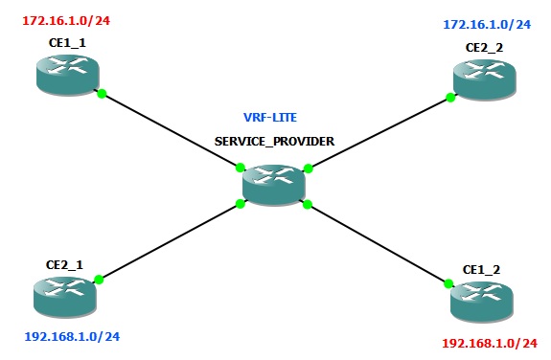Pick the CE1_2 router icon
tap(481, 300)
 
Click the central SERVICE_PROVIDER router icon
tap(274, 183)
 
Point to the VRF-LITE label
tap(270, 118)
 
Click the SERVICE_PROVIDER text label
tap(274, 140)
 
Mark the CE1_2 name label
tap(481, 270)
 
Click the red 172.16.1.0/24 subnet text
tap(60, 17)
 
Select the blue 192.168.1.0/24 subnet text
tap(72, 336)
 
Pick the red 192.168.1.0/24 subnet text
tap(488, 342)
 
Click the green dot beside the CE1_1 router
tap(102, 93)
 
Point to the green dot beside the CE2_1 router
tap(99, 279)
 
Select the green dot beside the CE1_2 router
tap(448, 281)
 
